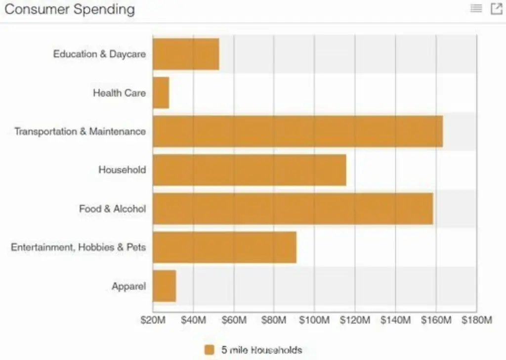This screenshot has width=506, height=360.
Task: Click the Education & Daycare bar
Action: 186,54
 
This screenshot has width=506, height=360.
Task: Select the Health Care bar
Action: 161,92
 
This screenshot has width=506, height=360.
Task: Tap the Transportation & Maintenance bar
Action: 297,131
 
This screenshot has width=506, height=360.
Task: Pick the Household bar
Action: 250,170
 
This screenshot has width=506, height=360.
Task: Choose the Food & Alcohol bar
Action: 293,209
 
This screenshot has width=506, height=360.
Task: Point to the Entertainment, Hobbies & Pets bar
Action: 224,247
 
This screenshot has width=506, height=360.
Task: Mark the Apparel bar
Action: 164,286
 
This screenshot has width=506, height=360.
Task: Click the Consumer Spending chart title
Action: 70,9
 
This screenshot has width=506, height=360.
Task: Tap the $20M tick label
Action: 153,320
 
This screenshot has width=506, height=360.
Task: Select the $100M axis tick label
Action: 314,320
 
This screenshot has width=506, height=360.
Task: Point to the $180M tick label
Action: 476,320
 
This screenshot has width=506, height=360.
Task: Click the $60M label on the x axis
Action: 234,320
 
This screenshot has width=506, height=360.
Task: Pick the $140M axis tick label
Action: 395,320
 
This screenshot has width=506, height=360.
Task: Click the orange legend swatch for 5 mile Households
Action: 210,350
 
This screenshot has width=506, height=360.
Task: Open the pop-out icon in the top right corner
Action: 496,8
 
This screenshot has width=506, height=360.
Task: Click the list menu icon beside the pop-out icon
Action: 476,8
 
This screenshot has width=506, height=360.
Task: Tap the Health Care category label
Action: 119,92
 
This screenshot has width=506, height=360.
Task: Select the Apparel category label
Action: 128,286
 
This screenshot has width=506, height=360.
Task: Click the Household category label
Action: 122,170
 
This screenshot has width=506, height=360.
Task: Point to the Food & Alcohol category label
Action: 112,209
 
